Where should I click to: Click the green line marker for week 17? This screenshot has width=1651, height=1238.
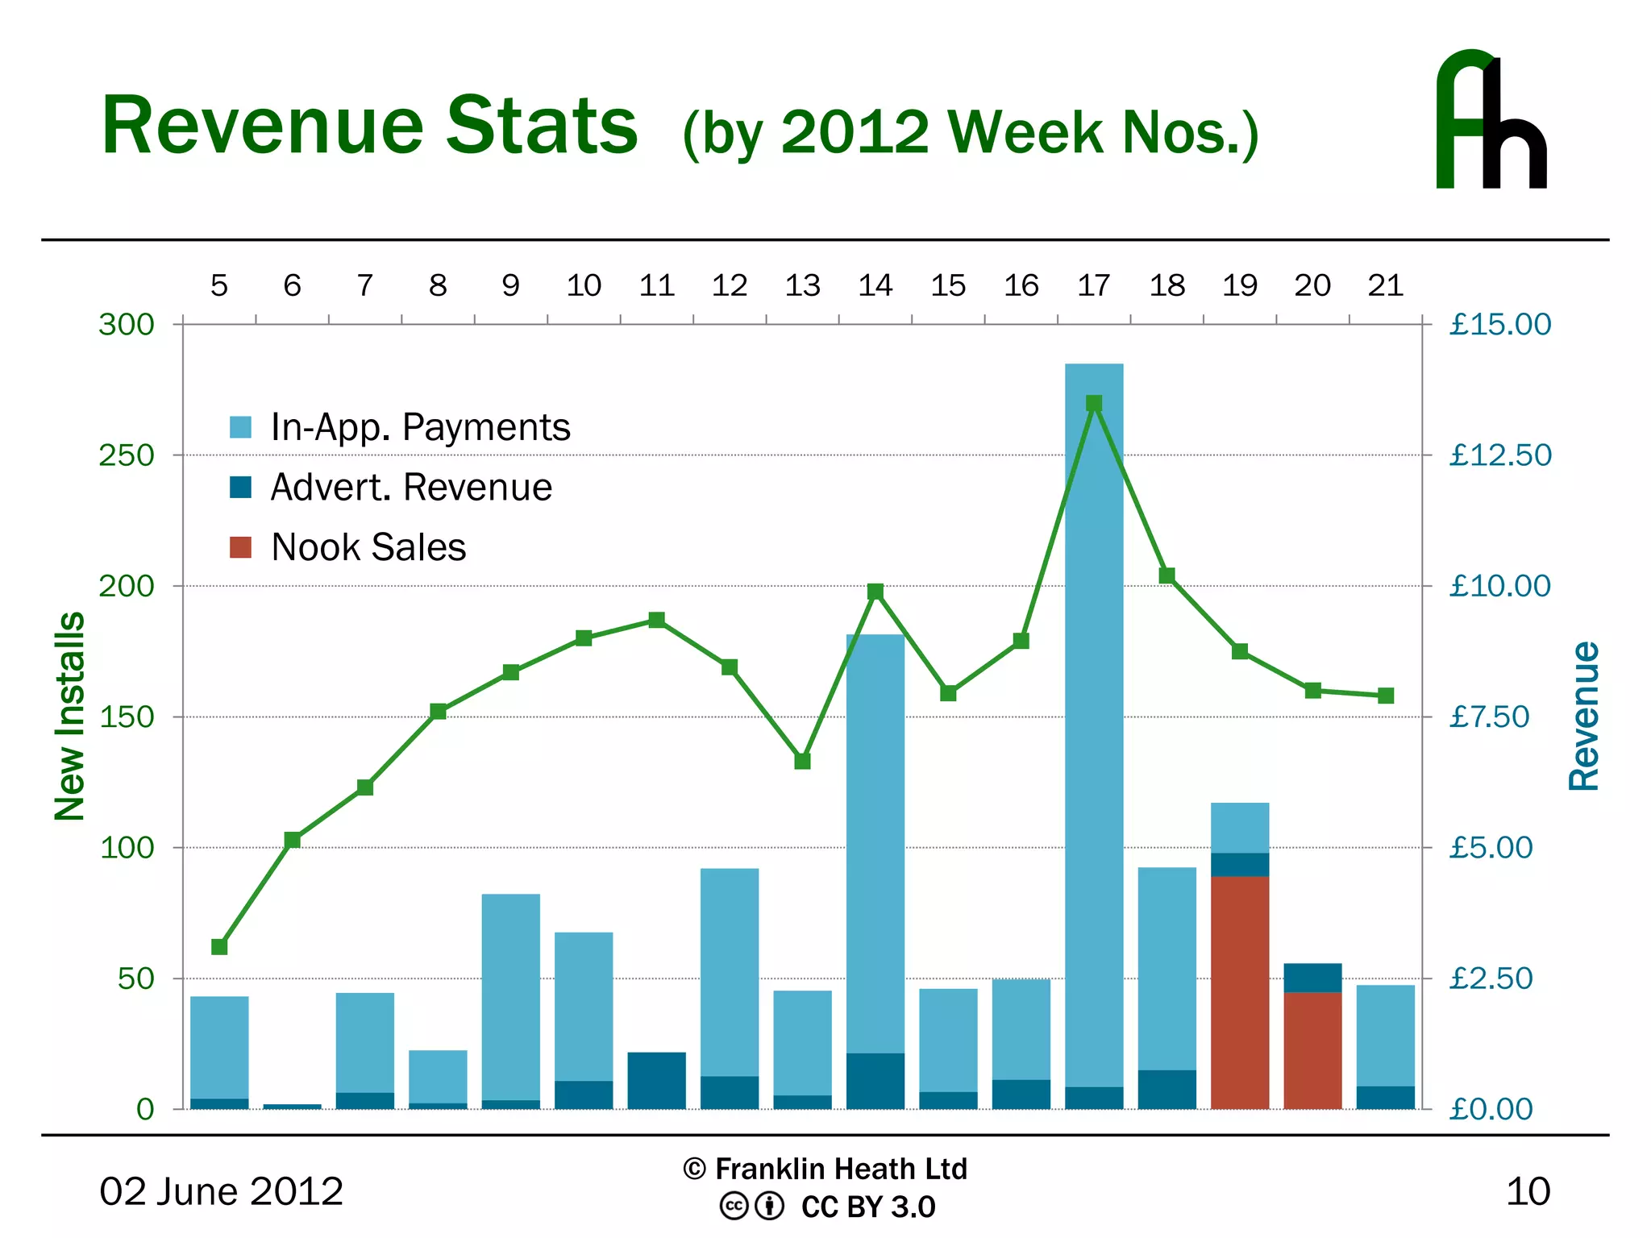(1094, 404)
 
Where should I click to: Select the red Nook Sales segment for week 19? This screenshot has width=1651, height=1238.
(1240, 992)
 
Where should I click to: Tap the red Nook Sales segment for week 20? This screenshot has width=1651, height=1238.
(1312, 1050)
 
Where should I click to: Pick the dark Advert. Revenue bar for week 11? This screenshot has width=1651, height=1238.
(656, 1080)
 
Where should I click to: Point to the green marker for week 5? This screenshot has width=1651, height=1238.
(219, 946)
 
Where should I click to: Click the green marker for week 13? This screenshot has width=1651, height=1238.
(802, 761)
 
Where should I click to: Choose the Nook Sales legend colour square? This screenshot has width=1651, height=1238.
(240, 547)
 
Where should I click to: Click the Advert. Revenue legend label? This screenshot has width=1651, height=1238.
(411, 488)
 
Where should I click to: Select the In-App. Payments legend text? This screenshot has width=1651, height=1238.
(420, 427)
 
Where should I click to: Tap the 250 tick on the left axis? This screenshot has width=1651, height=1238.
(127, 455)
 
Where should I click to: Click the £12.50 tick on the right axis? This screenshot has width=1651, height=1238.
(1499, 455)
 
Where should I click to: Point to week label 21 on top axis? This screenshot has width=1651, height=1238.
(1385, 285)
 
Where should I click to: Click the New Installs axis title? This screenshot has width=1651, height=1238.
(70, 716)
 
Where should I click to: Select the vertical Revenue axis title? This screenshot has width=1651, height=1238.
(1583, 716)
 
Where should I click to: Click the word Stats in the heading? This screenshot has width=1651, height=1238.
(542, 126)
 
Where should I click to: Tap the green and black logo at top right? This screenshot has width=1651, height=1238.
(1491, 121)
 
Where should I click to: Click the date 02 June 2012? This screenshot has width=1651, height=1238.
(221, 1191)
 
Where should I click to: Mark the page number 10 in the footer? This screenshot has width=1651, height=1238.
(1528, 1191)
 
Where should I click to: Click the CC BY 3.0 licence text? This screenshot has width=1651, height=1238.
(867, 1207)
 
